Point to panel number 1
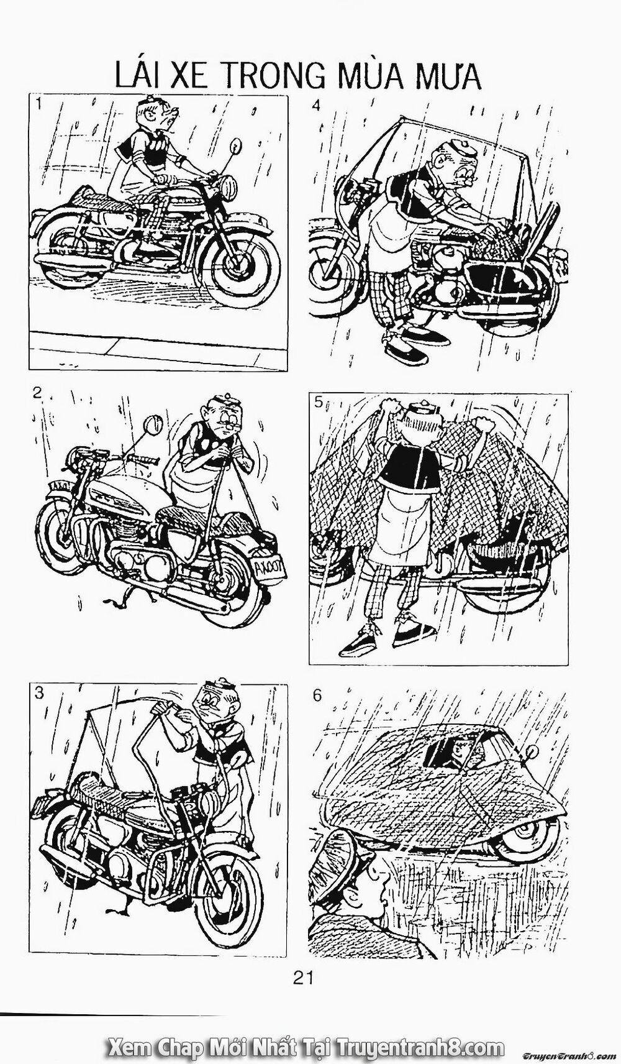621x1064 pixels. [39, 104]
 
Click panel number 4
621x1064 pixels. [316, 105]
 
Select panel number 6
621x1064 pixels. [317, 695]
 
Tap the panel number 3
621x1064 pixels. [39, 694]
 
